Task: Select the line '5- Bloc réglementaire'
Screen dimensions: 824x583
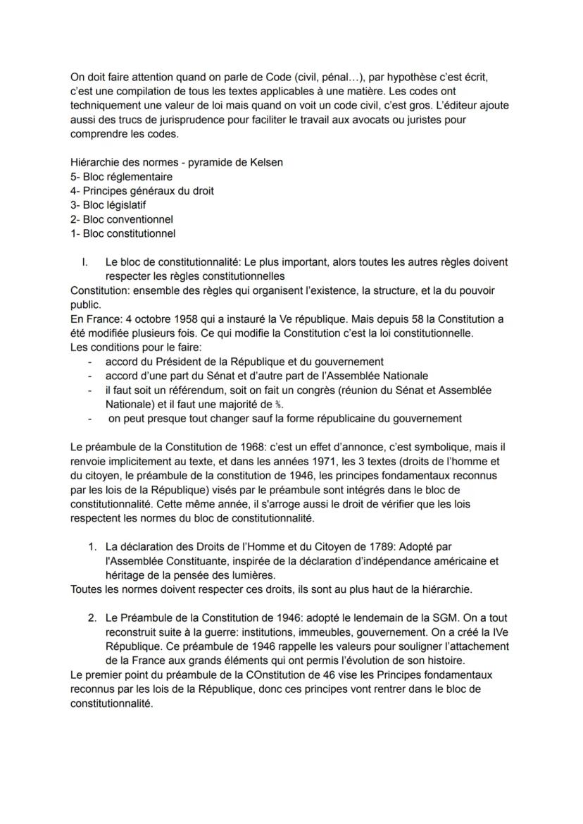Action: [122, 176]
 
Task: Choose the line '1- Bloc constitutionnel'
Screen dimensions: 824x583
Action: [123, 233]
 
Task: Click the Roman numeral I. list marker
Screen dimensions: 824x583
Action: [85, 262]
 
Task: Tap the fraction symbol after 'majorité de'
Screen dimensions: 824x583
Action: [280, 405]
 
